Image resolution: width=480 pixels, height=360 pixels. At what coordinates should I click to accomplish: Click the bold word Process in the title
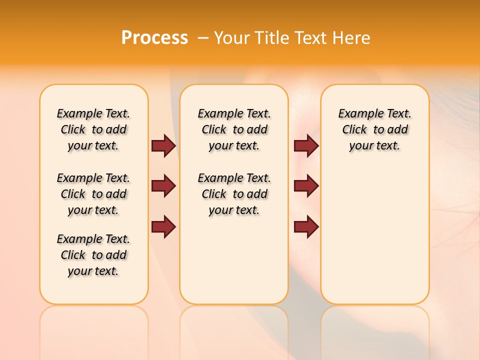(154, 38)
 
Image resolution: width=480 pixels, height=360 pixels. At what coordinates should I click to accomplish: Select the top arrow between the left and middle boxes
(163, 145)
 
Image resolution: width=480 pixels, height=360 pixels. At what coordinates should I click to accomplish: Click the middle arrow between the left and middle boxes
(163, 186)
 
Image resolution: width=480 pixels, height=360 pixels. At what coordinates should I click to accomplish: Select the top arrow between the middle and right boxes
(306, 145)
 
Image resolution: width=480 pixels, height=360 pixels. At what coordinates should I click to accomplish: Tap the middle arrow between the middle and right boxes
(306, 186)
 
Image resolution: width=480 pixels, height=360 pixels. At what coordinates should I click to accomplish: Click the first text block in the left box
(93, 129)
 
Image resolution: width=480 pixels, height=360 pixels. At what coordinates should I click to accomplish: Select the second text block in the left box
(93, 194)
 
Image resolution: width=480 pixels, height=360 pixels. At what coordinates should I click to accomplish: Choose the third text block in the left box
(93, 255)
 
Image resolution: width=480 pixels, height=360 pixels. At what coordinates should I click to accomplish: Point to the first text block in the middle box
(234, 129)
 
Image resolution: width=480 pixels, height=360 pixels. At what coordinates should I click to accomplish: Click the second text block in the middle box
(234, 194)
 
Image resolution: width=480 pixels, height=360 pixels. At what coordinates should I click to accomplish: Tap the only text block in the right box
(375, 129)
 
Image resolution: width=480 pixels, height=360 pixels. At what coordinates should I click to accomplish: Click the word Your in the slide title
(231, 38)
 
